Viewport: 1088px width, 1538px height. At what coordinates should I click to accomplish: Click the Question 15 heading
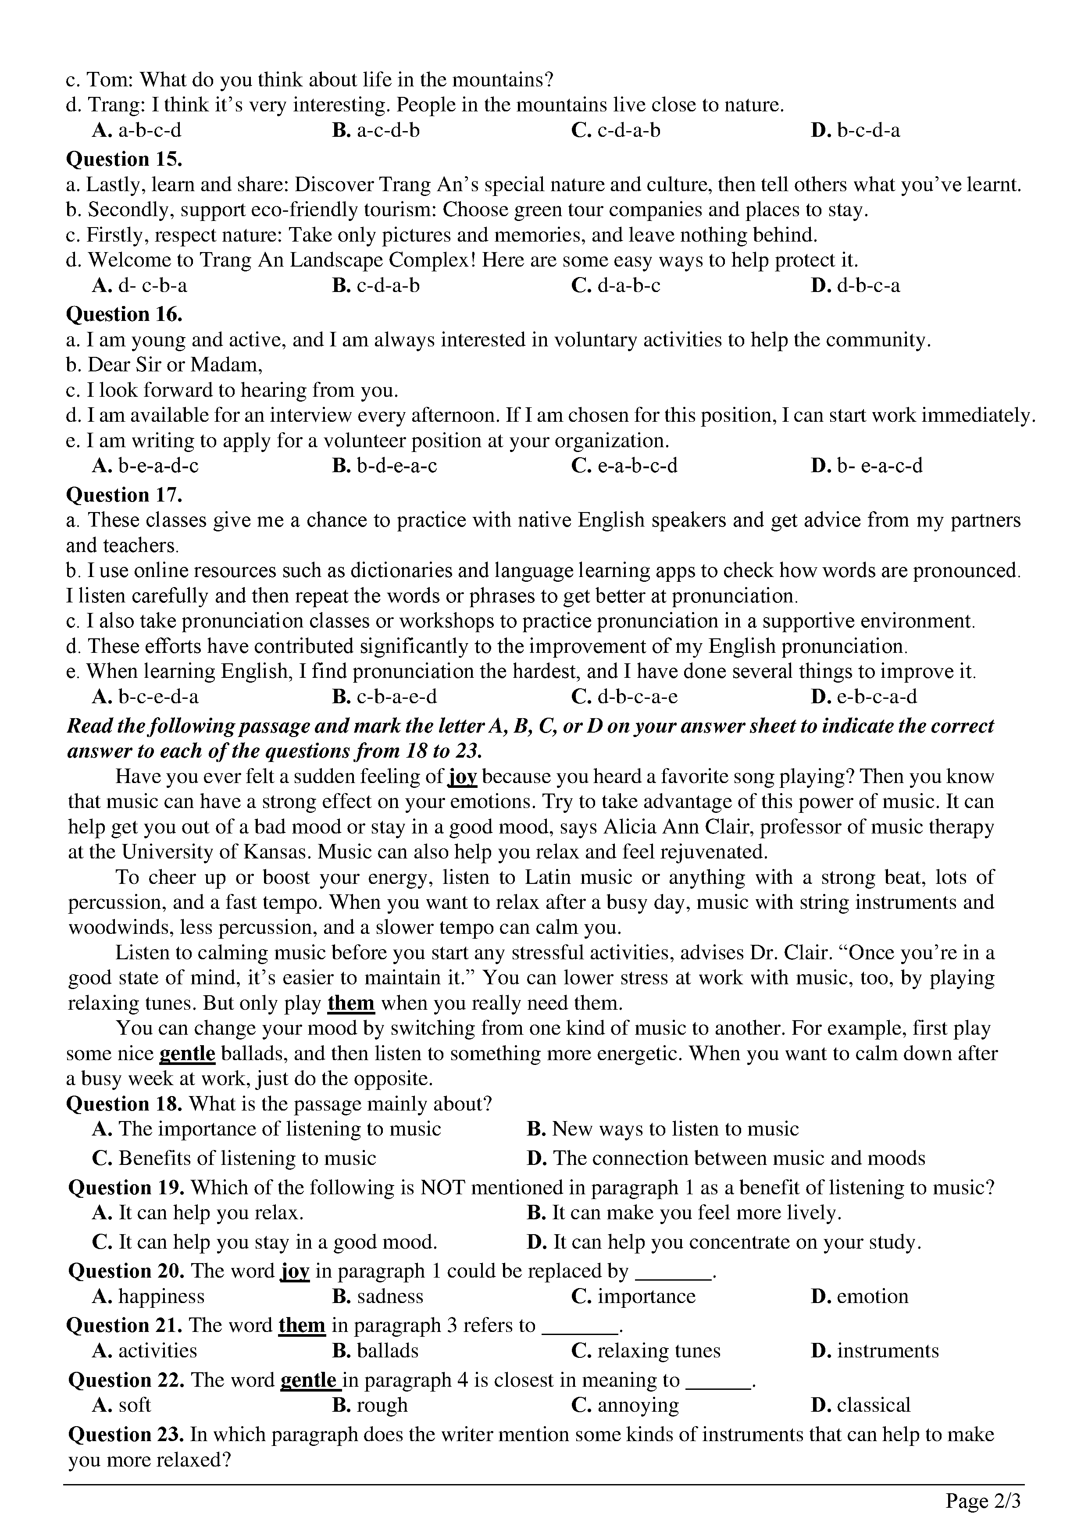pos(124,160)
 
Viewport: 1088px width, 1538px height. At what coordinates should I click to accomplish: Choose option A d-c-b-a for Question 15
pos(139,286)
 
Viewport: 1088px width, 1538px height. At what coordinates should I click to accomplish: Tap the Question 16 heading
pos(124,314)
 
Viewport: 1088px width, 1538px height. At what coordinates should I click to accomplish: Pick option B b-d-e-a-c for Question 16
pos(385,466)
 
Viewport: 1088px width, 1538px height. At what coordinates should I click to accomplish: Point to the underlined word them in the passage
pos(350,1004)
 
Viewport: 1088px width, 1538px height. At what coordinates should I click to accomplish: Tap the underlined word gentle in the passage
pos(187,1054)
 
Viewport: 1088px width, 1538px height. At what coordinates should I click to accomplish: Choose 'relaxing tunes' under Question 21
pos(646,1350)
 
